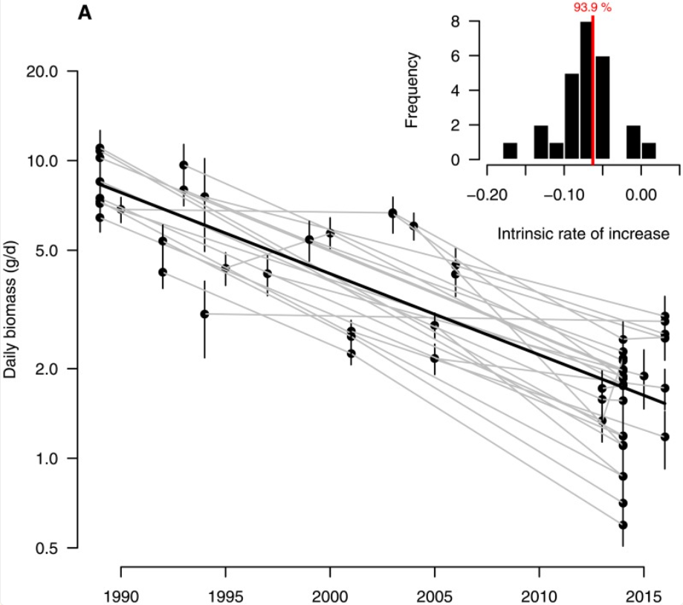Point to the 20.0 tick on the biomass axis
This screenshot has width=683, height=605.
coord(43,71)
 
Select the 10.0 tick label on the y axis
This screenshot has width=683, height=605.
coord(43,161)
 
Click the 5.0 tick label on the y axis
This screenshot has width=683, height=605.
coord(46,250)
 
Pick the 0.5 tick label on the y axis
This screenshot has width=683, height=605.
coord(46,548)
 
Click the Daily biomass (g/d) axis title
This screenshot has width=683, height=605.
coord(10,308)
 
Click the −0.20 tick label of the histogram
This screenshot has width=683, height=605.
coord(486,195)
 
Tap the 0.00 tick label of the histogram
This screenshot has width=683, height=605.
coord(641,195)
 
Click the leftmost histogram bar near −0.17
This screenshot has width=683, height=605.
coord(509,151)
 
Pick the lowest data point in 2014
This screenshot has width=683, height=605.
coord(624,525)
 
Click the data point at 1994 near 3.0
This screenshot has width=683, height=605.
coord(204,314)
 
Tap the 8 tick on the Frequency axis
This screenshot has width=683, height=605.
coord(450,22)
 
